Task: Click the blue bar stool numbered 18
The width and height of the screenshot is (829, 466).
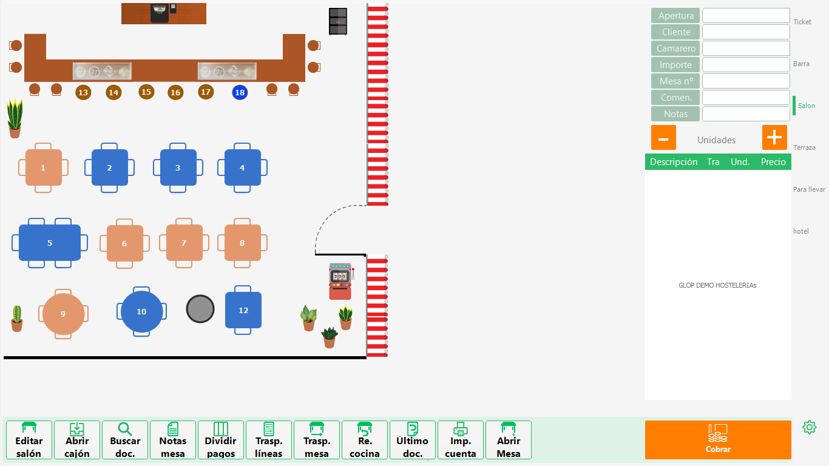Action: [x=240, y=92]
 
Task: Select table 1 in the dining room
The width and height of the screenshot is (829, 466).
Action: [x=43, y=167]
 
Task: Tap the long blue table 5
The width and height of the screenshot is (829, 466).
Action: [x=50, y=243]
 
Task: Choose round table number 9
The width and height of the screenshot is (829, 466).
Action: [x=63, y=314]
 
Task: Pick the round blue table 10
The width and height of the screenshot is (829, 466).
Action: [x=141, y=311]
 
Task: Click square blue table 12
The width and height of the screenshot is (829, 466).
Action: [x=243, y=310]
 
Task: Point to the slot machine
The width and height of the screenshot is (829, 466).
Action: [x=340, y=282]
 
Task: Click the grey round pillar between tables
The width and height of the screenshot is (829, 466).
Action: [x=200, y=309]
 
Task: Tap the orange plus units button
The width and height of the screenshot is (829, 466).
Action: [x=774, y=138]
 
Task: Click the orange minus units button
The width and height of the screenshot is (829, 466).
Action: [x=663, y=138]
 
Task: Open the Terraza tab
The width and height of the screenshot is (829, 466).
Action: [x=804, y=147]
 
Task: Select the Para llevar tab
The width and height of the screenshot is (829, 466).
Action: [x=809, y=189]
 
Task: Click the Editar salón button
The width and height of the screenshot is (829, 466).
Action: [x=29, y=440]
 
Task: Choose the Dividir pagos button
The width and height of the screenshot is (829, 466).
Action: [x=220, y=440]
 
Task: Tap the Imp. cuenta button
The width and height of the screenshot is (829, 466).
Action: [x=461, y=440]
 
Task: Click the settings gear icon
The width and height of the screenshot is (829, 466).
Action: [x=809, y=427]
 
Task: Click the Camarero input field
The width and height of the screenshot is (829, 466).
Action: [x=746, y=49]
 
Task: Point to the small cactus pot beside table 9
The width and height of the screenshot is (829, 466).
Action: [x=17, y=319]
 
